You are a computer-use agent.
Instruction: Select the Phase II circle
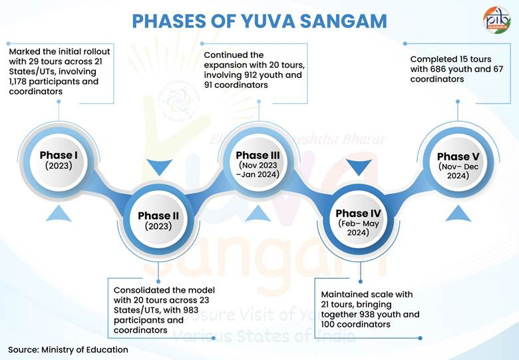click(158, 220)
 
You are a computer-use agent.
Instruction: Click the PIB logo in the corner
click(496, 20)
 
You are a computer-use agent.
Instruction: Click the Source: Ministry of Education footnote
click(68, 349)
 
